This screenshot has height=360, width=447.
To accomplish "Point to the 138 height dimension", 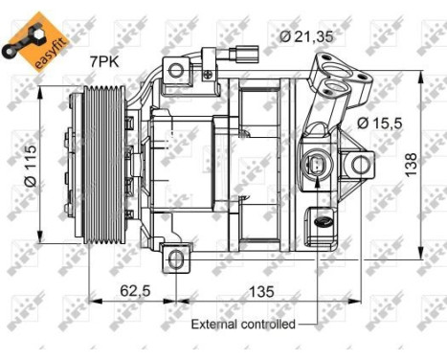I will coord(435,166).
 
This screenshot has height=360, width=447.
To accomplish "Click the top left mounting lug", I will coord(175,69).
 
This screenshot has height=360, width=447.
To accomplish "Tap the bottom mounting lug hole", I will coord(175,257).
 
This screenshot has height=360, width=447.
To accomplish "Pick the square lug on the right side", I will coord(361,166).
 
